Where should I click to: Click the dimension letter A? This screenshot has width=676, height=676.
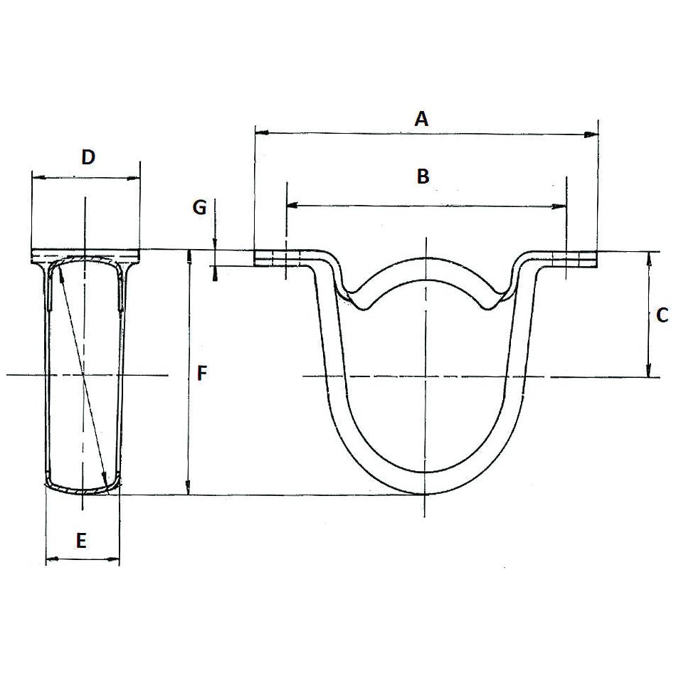coord(422,119)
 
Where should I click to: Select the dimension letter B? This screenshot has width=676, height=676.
coord(423,176)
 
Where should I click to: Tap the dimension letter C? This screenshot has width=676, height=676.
coord(661,314)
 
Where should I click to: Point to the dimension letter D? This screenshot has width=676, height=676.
coord(88,157)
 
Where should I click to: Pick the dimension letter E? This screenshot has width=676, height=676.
coord(81,541)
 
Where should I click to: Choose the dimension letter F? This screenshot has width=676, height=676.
coord(202,373)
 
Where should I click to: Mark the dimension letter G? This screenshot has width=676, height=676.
coord(200,208)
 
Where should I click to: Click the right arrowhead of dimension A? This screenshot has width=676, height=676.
coord(591,133)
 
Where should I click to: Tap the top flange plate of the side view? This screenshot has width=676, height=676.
coord(85,255)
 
